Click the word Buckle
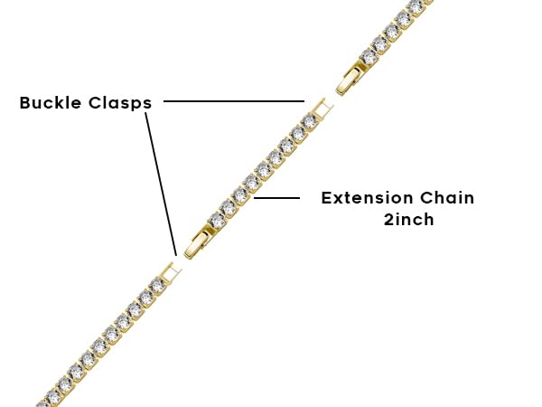point(53,103)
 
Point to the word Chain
point(449,198)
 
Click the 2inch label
point(408,220)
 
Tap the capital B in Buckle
point(25,103)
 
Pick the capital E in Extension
point(327,198)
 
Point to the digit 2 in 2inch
point(388,220)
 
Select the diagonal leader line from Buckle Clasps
point(160,181)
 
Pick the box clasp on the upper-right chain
point(350,80)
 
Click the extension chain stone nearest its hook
point(309,121)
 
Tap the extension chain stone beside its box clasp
point(217,220)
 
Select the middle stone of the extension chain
point(263,170)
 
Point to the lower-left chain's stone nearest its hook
point(157,285)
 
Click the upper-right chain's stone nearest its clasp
point(369,57)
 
